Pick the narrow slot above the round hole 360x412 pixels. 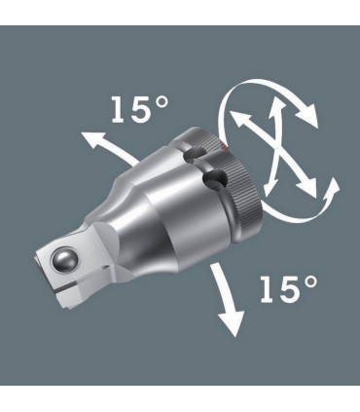point(198,153)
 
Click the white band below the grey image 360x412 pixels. point(180,394)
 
